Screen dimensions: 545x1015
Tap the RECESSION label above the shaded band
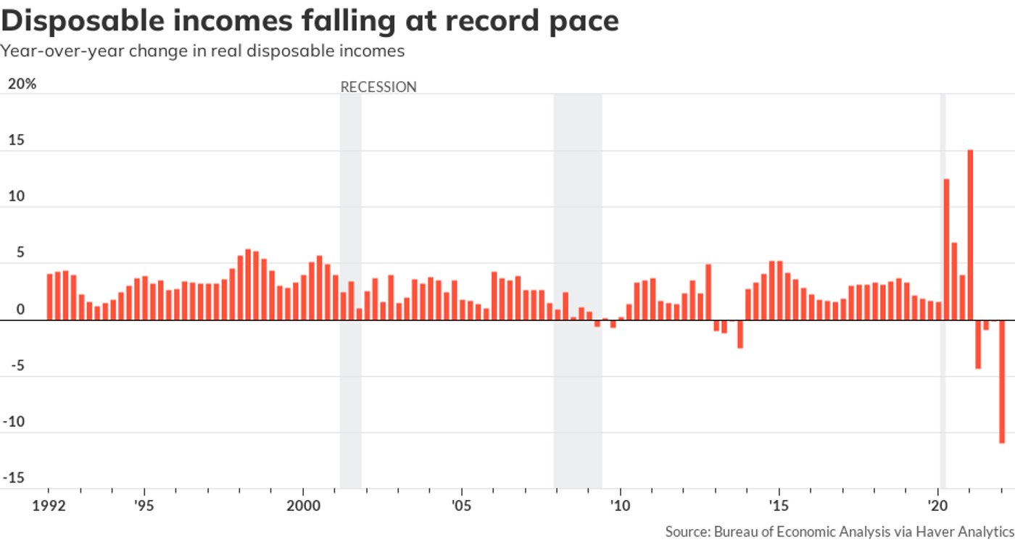tap(378, 87)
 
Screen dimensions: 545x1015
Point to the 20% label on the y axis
tap(22, 84)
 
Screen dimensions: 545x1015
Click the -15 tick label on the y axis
tap(16, 478)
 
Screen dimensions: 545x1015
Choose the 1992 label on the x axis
tap(51, 504)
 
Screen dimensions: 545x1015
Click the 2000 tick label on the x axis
tap(303, 504)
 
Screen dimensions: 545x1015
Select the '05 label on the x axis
tap(461, 504)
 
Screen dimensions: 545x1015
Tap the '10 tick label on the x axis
tap(620, 504)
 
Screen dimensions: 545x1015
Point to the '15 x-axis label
tap(779, 504)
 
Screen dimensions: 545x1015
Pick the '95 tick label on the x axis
tap(144, 504)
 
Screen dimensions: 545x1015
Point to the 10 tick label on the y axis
tap(16, 196)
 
